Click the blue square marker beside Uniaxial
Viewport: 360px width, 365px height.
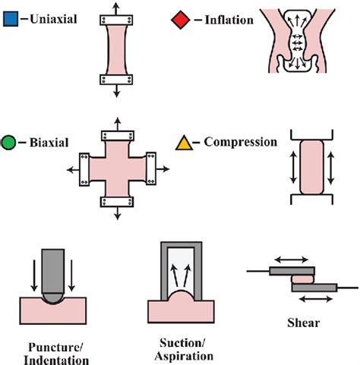coord(10,16)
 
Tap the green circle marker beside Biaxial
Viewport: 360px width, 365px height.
coord(10,142)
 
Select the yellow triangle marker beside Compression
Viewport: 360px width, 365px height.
coord(183,142)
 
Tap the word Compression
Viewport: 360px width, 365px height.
coord(235,142)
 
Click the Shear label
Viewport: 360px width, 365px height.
coord(303,322)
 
